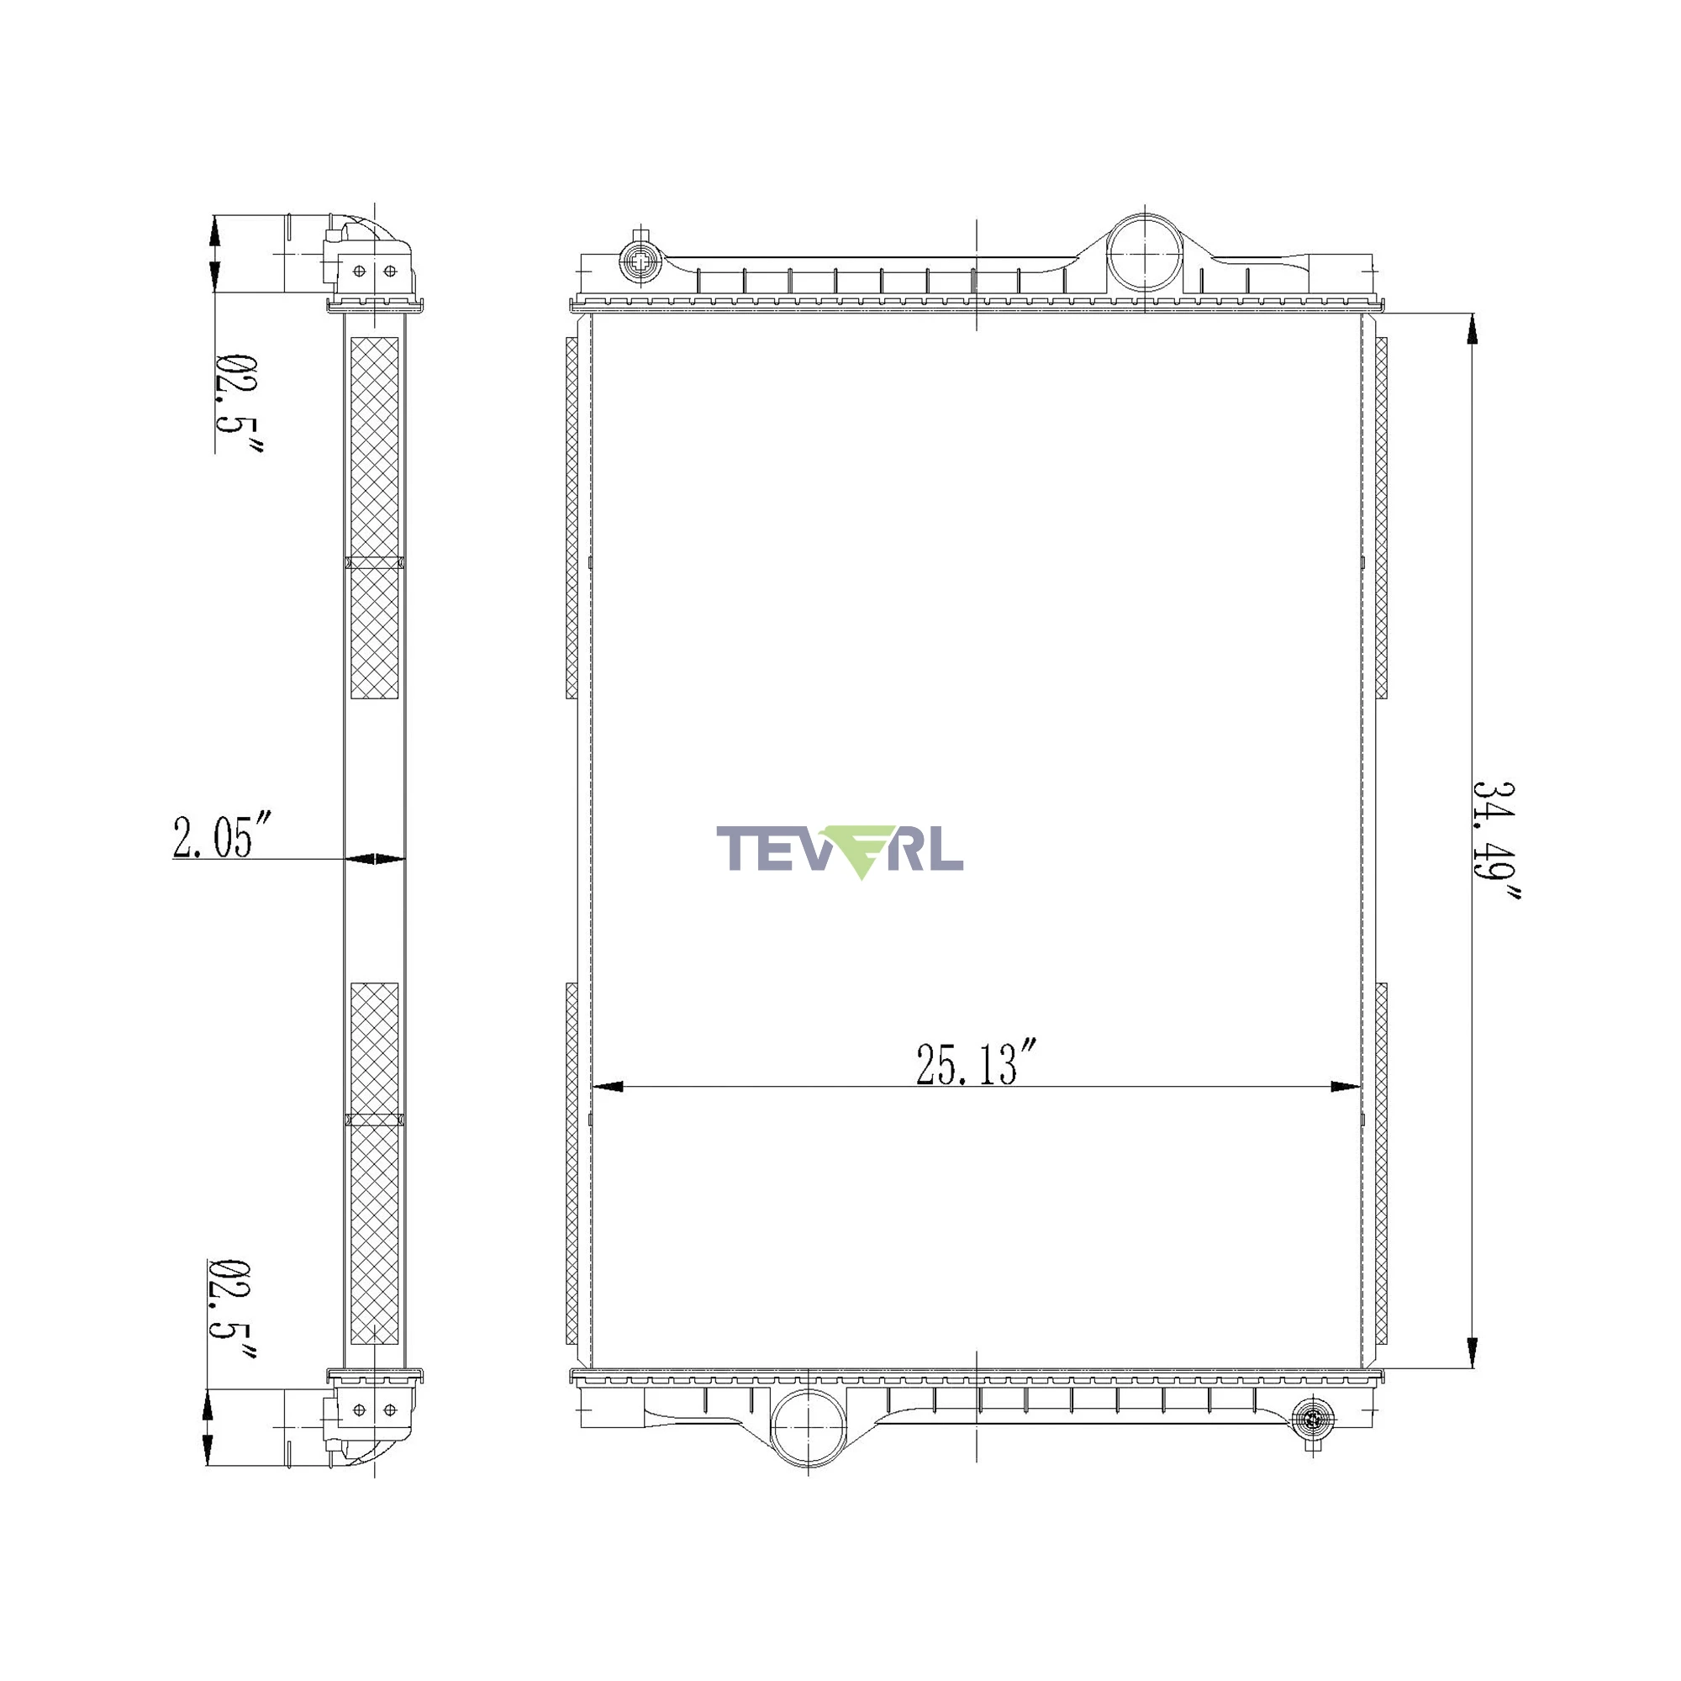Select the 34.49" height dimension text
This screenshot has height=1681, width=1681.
coord(1494,841)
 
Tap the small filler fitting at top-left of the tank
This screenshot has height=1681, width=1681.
coord(640,259)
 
